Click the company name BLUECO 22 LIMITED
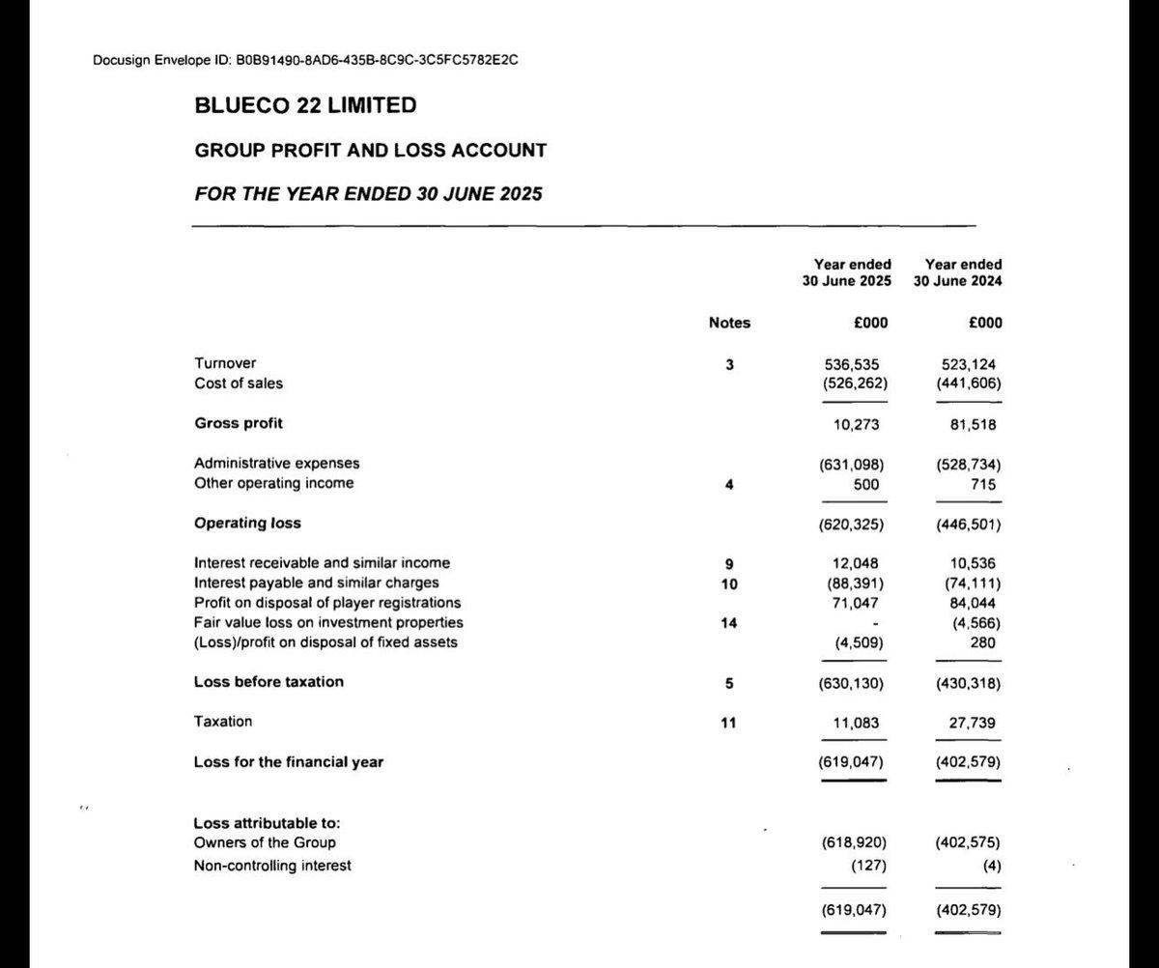pyautogui.click(x=306, y=106)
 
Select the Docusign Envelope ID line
pyautogui.click(x=308, y=61)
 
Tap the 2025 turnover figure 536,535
pyautogui.click(x=852, y=364)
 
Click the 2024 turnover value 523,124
pyautogui.click(x=971, y=364)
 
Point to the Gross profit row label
pyautogui.click(x=239, y=423)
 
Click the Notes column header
pyautogui.click(x=729, y=323)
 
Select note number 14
pyautogui.click(x=729, y=623)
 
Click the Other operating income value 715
pyautogui.click(x=988, y=483)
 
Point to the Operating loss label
pyautogui.click(x=247, y=523)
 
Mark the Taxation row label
pyautogui.click(x=223, y=721)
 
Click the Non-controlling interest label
pyautogui.click(x=272, y=866)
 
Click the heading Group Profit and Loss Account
pyautogui.click(x=370, y=151)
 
